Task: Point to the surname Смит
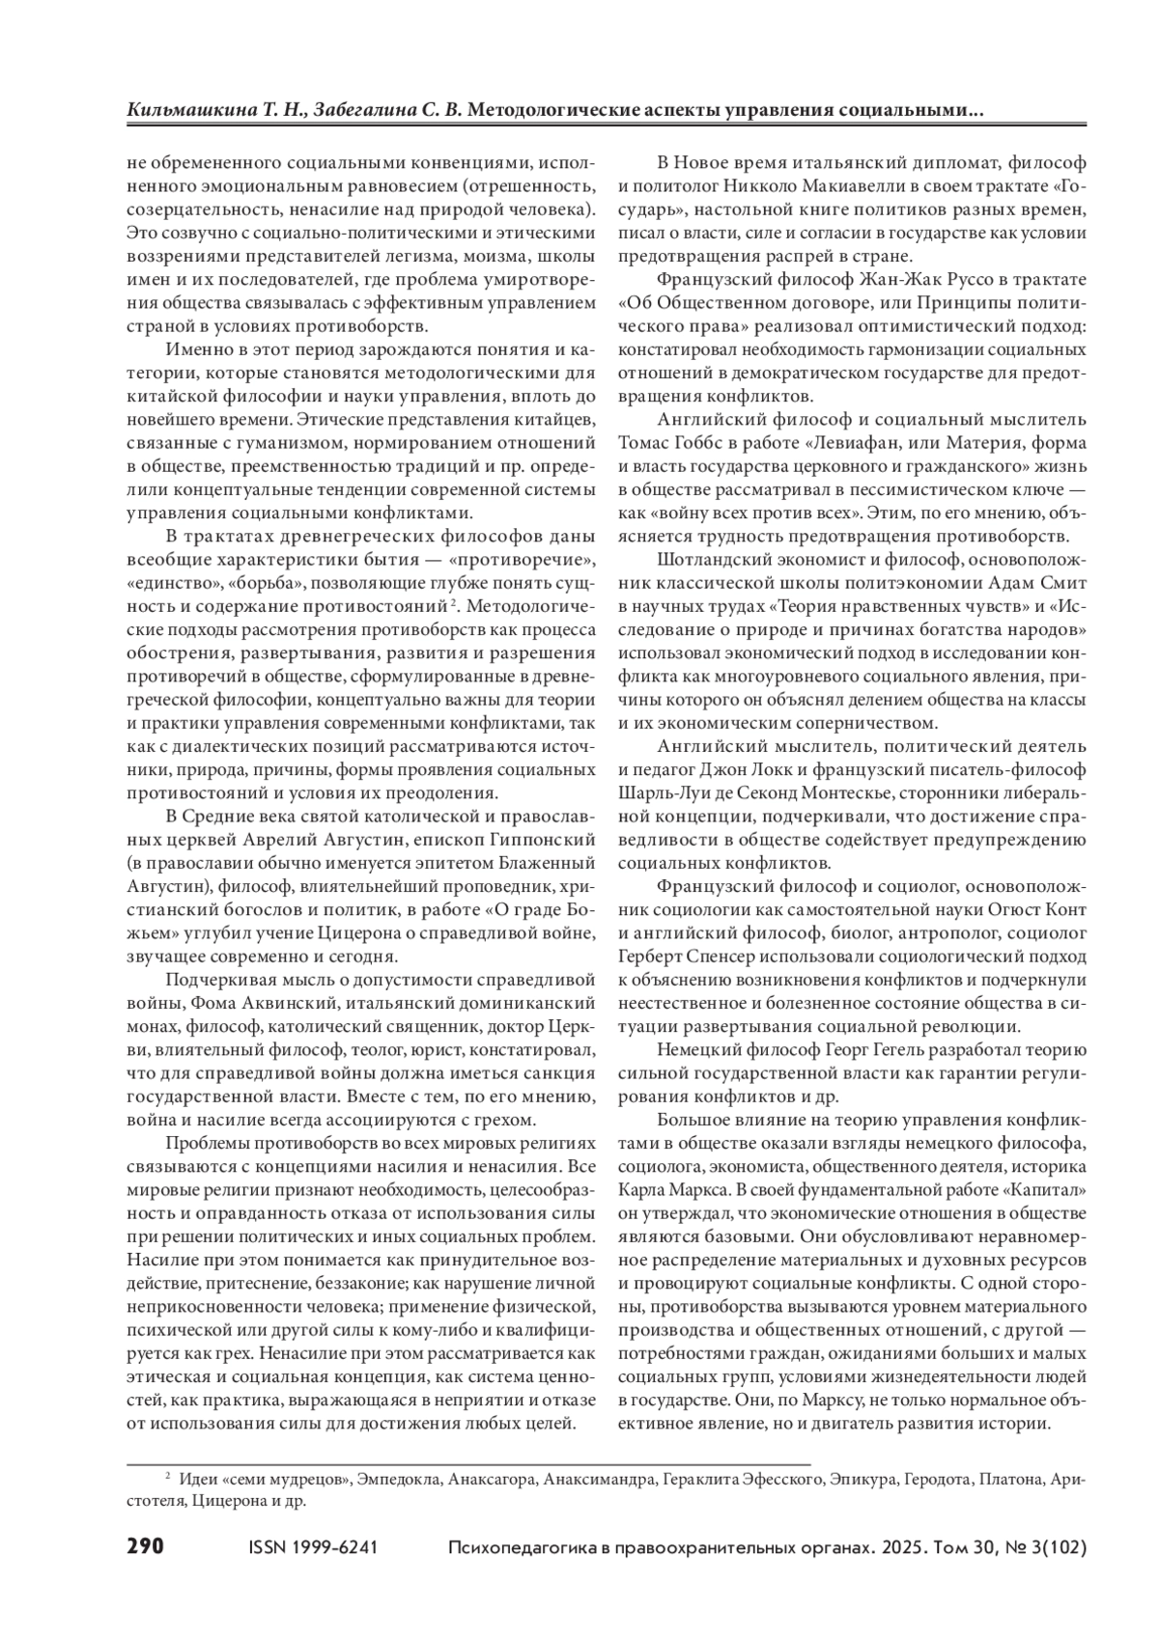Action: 1062,582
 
